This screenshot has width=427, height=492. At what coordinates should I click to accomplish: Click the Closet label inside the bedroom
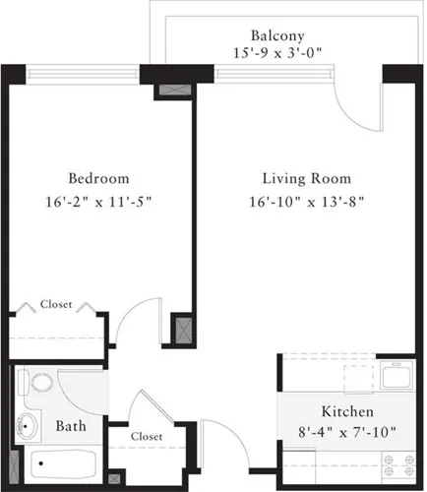pos(55,305)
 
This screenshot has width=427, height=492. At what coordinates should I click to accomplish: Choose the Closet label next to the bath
pos(146,435)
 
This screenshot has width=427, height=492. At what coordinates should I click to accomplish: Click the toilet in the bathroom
pos(39,383)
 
